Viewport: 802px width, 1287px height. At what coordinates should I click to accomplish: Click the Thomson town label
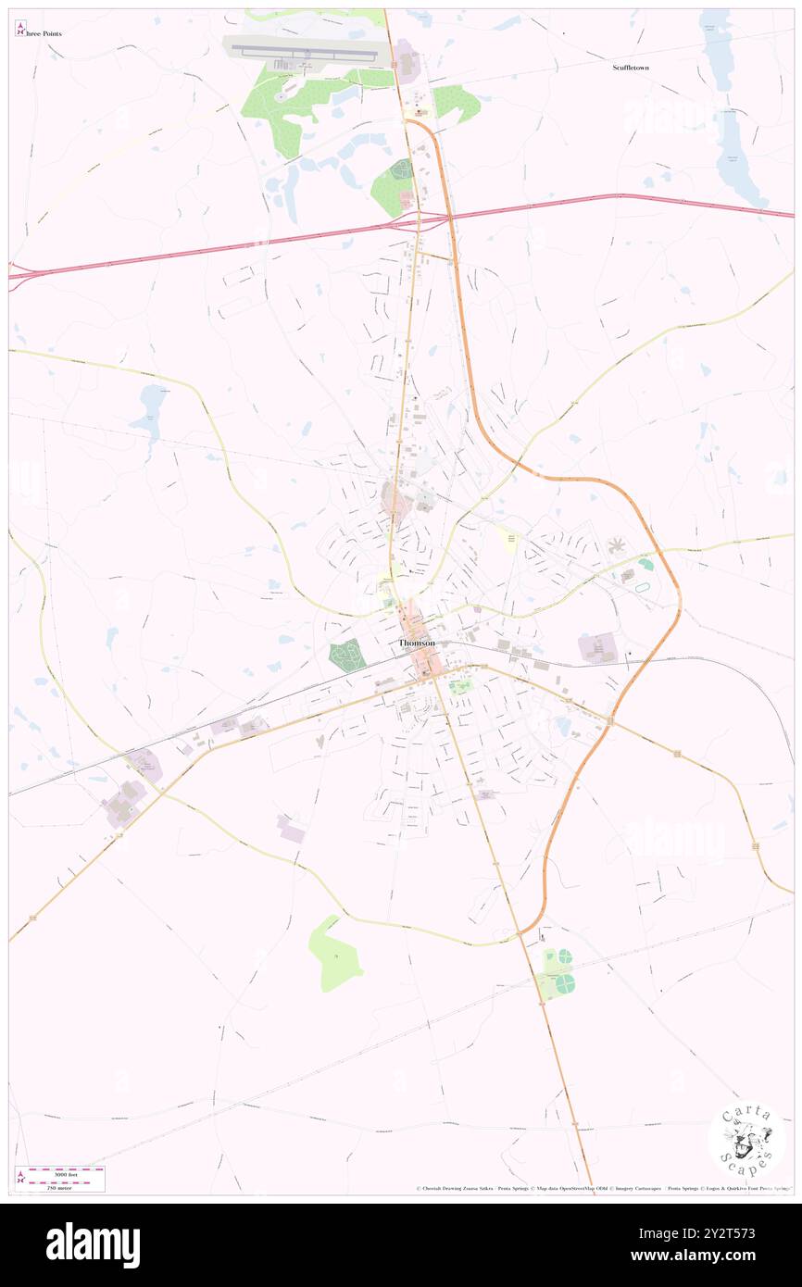pyautogui.click(x=417, y=643)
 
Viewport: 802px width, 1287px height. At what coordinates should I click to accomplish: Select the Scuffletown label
pyautogui.click(x=631, y=68)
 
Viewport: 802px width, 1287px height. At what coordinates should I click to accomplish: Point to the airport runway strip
pyautogui.click(x=306, y=50)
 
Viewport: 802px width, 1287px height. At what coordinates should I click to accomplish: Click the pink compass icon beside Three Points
pyautogui.click(x=20, y=29)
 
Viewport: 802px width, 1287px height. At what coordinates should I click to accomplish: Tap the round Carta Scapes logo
pyautogui.click(x=746, y=1138)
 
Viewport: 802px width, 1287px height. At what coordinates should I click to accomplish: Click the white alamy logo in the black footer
pyautogui.click(x=93, y=1245)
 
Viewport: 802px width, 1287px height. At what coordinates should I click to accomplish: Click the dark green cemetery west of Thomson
pyautogui.click(x=346, y=656)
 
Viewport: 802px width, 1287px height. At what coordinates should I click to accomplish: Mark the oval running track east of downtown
pyautogui.click(x=645, y=563)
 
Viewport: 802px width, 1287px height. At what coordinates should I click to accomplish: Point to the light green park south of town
pyautogui.click(x=332, y=954)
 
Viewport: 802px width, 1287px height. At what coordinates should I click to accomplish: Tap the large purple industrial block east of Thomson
pyautogui.click(x=597, y=647)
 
